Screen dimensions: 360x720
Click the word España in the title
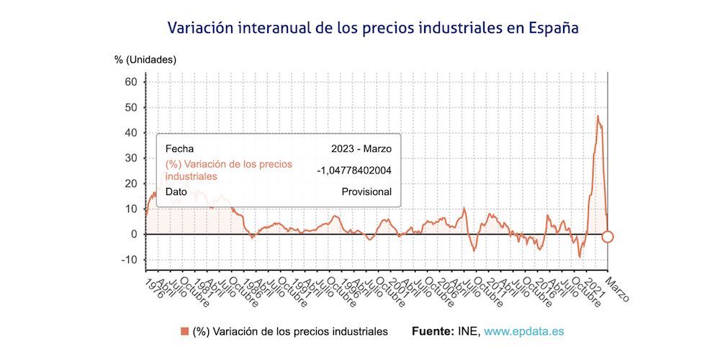(553, 28)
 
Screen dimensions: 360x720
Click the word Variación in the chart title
(202, 28)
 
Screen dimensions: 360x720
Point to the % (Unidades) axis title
(145, 60)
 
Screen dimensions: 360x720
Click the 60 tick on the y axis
(130, 82)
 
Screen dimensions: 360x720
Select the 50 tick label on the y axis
(130, 107)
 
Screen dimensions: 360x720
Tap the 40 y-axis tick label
(130, 132)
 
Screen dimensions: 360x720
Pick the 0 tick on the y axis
(133, 234)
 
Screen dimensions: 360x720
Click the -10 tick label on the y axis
(128, 259)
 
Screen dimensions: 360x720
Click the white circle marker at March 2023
(608, 237)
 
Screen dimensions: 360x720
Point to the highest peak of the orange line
(597, 116)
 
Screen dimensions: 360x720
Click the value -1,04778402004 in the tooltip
(354, 170)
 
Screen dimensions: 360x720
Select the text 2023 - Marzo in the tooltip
(361, 149)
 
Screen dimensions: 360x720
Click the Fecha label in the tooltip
(179, 149)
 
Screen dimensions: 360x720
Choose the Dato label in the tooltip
(176, 192)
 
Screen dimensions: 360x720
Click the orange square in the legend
(185, 331)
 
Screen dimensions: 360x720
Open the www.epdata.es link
(523, 331)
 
